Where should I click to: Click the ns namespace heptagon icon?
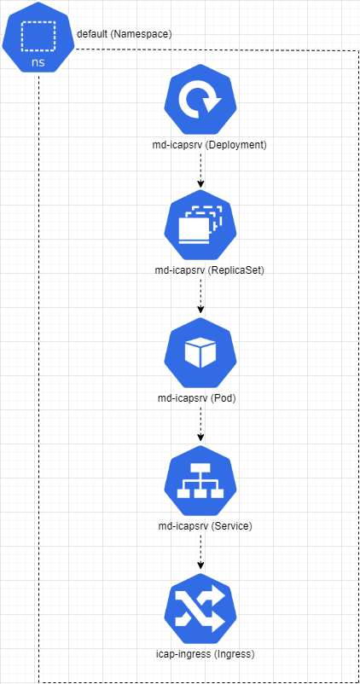[39, 37]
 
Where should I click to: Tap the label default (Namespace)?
[125, 34]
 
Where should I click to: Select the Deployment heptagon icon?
[200, 100]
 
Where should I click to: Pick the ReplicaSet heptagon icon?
[200, 225]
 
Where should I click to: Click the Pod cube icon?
[200, 353]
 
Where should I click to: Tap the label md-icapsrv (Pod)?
[196, 398]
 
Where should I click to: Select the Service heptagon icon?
[200, 481]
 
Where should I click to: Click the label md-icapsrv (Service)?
[205, 526]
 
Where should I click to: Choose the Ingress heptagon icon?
[200, 610]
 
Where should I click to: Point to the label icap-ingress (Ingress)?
[205, 654]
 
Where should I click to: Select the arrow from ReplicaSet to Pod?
[200, 295]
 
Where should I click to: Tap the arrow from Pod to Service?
[200, 423]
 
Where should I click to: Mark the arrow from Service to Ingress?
[200, 551]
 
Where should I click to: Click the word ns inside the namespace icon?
[38, 61]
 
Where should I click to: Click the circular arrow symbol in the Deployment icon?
[201, 100]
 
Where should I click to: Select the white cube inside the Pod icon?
[200, 351]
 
